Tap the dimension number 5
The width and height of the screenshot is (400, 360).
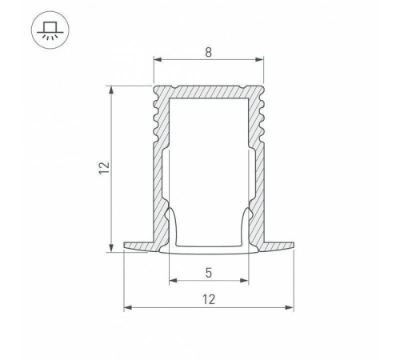pyautogui.click(x=208, y=272)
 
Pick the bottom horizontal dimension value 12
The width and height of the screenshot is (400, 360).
pyautogui.click(x=208, y=299)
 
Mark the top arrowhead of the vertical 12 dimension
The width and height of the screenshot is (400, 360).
pyautogui.click(x=110, y=89)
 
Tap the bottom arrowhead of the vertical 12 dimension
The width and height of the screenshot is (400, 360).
pyautogui.click(x=110, y=248)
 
